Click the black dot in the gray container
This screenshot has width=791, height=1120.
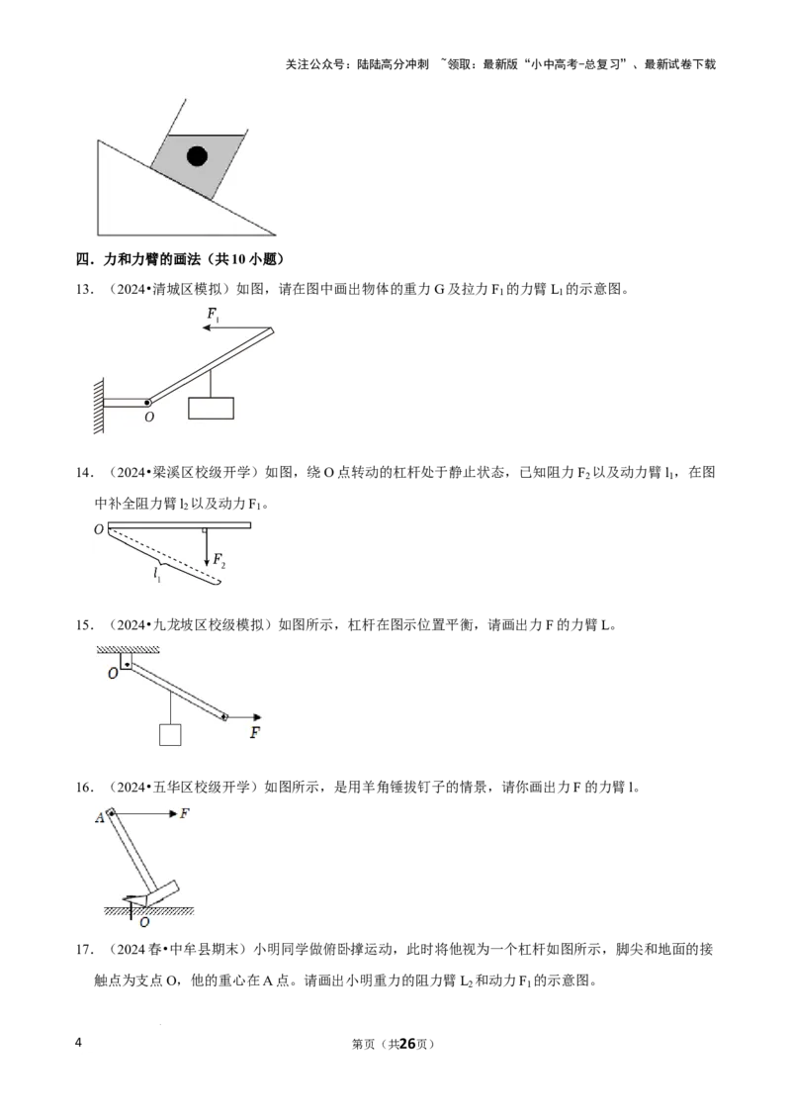(197, 155)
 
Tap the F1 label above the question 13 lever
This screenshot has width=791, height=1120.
(213, 315)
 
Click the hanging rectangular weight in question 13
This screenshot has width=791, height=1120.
(211, 408)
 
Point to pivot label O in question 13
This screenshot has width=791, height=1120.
(149, 417)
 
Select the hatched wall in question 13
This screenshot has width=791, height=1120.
(99, 405)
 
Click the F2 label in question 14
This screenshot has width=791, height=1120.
(220, 560)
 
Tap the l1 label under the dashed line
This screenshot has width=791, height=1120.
(157, 573)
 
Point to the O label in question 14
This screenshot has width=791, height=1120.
(99, 529)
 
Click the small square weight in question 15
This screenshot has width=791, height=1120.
(170, 734)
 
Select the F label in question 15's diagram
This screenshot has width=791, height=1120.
(255, 732)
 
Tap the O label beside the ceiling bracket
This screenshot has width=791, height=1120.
(113, 673)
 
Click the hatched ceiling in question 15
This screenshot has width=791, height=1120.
(128, 649)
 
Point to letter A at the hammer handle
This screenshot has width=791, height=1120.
(99, 818)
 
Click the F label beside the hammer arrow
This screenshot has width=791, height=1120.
(184, 813)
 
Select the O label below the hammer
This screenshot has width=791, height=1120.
(145, 922)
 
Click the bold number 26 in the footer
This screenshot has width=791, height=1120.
(407, 1044)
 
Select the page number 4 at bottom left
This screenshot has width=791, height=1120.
(78, 1042)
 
